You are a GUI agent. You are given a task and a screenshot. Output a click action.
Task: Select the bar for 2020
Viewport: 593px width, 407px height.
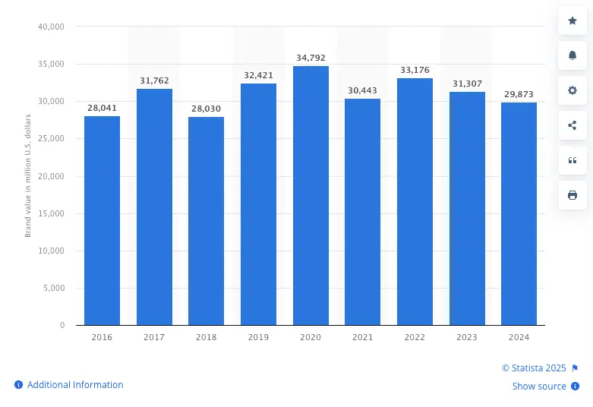[311, 195]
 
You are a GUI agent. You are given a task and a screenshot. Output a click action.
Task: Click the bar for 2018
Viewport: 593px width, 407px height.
[206, 220]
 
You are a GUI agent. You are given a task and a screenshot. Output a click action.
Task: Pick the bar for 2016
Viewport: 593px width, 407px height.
[102, 220]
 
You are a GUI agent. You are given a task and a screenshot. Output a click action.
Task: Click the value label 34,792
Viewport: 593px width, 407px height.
[311, 58]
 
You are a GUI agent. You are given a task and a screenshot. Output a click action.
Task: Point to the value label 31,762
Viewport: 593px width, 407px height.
[154, 80]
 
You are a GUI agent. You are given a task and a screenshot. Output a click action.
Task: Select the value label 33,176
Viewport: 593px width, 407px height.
[415, 70]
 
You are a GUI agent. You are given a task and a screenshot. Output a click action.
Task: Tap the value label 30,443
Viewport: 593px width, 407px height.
[362, 90]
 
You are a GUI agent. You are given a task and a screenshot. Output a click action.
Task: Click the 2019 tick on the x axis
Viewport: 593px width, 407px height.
[258, 336]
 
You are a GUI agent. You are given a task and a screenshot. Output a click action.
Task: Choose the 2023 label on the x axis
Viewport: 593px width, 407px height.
[467, 336]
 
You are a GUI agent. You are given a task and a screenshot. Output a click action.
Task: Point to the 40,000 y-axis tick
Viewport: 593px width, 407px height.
[51, 27]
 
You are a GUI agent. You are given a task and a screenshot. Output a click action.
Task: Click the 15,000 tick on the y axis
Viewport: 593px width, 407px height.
[51, 213]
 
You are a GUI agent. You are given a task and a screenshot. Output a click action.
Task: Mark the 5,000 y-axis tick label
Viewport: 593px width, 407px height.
[53, 288]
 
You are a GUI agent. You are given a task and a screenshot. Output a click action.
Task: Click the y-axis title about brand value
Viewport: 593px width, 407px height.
[28, 176]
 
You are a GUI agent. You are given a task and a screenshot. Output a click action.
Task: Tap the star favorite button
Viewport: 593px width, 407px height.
[572, 21]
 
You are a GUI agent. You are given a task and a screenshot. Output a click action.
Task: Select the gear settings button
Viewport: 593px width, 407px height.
[572, 90]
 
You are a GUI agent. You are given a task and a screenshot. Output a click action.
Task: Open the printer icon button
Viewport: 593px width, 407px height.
[572, 195]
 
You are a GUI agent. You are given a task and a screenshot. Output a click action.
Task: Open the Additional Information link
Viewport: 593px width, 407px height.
[74, 385]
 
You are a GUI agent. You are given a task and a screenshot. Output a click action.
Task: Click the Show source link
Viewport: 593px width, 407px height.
[539, 386]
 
